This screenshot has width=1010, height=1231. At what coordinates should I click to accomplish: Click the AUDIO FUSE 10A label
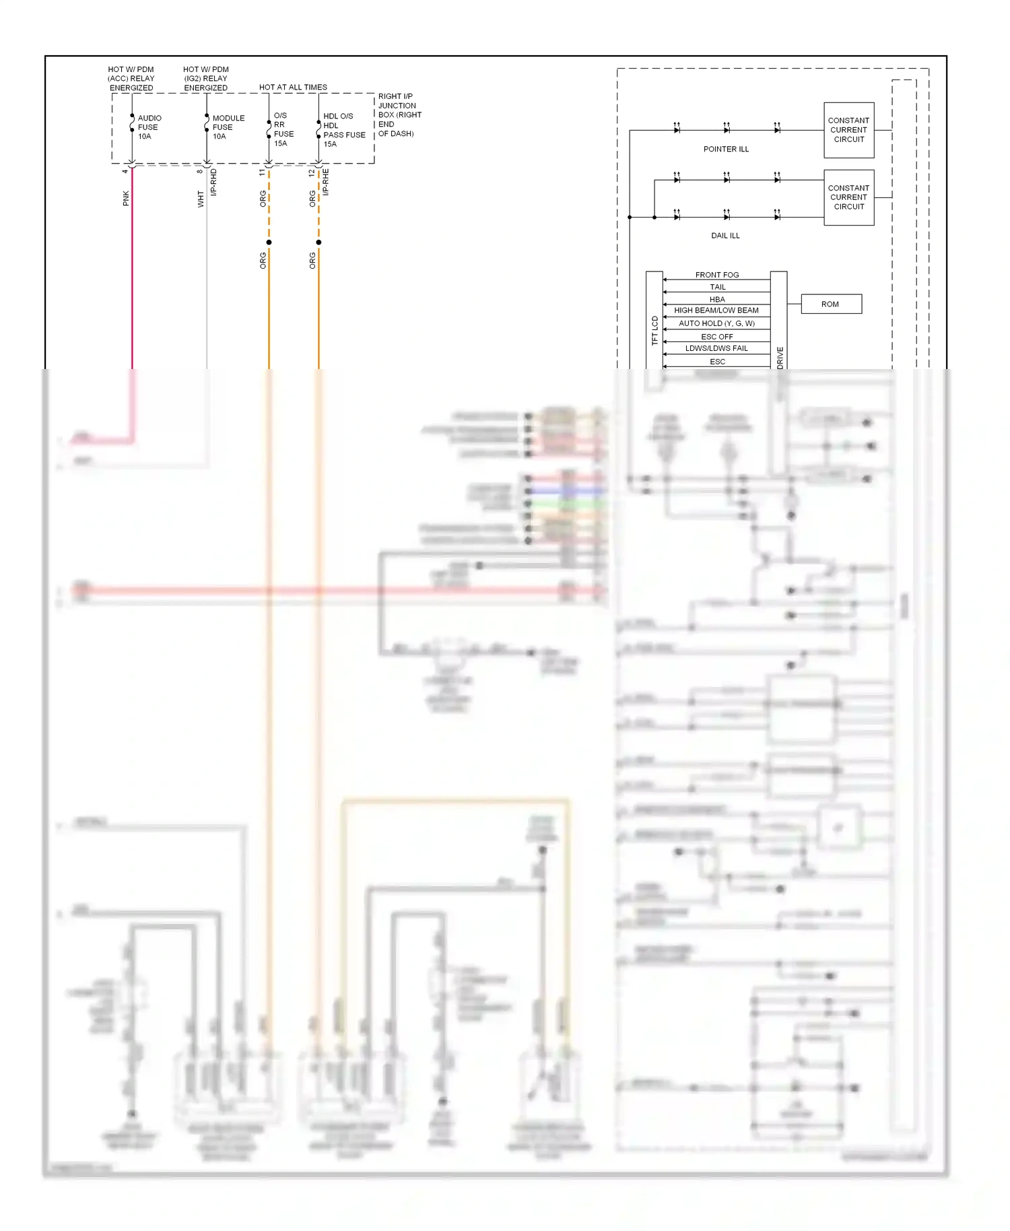pos(149,127)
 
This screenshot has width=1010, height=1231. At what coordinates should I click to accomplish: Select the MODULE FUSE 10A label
pos(228,127)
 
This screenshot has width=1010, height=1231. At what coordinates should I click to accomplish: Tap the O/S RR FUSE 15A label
pos(283,129)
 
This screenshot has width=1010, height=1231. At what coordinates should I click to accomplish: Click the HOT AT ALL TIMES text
pos(293,88)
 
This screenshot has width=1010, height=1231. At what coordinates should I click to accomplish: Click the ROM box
pos(830,304)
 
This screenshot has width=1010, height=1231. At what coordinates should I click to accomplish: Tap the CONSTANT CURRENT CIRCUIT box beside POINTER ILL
pos(848,131)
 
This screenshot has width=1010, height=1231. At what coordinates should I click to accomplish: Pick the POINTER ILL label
pos(725,149)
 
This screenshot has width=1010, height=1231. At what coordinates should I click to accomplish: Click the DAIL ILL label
pos(725,236)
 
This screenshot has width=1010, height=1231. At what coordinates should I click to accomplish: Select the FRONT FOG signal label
pos(716,275)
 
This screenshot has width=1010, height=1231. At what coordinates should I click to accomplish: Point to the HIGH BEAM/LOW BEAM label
pos(716,310)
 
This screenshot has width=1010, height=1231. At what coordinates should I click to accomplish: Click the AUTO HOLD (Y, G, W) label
pos(716,323)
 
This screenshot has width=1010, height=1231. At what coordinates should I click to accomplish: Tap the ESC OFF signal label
pos(716,337)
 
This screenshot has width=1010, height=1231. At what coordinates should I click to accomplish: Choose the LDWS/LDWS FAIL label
pos(716,348)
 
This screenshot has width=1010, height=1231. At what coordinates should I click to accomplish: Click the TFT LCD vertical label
pos(654,331)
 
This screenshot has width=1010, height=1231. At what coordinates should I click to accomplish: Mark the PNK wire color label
pos(126,198)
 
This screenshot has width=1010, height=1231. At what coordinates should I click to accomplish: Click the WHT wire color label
pos(201,199)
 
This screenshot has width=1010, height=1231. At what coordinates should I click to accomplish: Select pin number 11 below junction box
pos(262,172)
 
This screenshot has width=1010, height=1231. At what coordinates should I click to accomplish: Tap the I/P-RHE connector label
pos(326,182)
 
